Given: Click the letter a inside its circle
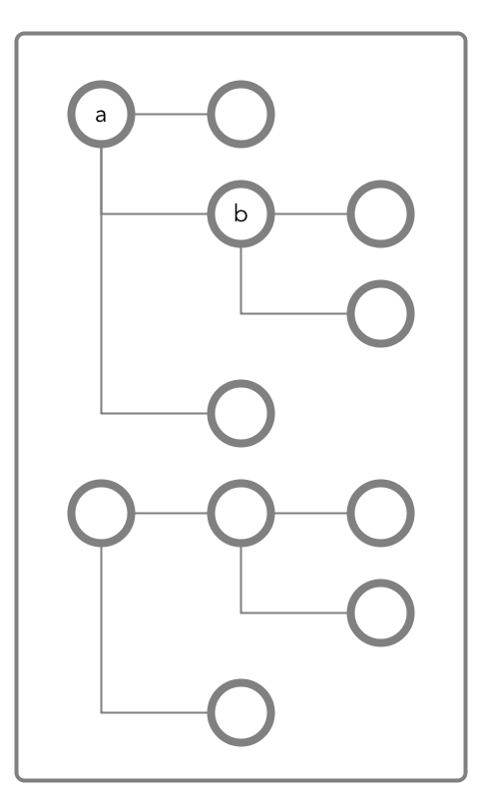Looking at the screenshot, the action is tap(101, 116).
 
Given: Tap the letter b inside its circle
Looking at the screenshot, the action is tap(241, 213).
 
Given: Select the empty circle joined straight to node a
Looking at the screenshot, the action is tap(241, 114).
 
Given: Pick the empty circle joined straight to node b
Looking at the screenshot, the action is tap(380, 213).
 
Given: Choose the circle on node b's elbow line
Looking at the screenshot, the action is tap(380, 313).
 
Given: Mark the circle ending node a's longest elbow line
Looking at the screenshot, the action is tap(241, 413).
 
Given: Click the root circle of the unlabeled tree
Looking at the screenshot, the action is tap(101, 513).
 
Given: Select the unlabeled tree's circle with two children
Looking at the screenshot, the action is tap(241, 513).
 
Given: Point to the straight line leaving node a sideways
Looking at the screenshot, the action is tap(171, 114).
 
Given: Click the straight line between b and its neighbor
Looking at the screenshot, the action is tap(311, 213).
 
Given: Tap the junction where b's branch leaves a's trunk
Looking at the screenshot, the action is tap(101, 213).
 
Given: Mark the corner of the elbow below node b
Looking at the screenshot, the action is tap(241, 313).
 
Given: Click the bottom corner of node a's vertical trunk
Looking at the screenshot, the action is tap(101, 413).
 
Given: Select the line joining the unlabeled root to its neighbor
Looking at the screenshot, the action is tap(171, 513).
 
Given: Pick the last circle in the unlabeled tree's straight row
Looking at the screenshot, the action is tap(380, 513).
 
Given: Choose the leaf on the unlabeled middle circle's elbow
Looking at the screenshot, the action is tap(380, 612).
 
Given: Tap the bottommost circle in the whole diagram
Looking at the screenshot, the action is tap(241, 712).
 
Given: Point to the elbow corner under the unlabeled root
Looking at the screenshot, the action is tap(101, 712).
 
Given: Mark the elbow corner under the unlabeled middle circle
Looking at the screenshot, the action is tap(241, 612).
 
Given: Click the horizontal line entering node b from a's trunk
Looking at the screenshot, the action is tap(155, 213).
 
